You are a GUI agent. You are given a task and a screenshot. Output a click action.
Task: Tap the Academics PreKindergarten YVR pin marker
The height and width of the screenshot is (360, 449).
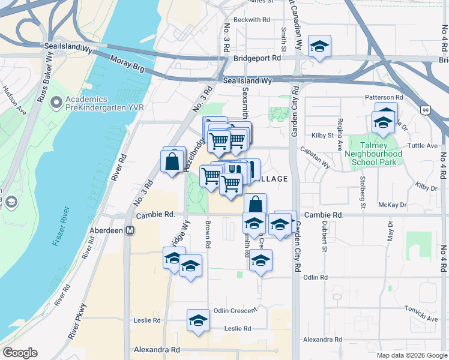click(x=56, y=104)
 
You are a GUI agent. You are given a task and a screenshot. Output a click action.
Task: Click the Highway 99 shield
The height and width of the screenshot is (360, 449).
click(x=425, y=110)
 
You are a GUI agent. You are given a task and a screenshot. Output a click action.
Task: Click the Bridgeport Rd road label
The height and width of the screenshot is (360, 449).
click(x=258, y=59)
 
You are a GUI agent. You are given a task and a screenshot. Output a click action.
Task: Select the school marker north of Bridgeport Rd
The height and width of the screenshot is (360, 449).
click(x=319, y=46)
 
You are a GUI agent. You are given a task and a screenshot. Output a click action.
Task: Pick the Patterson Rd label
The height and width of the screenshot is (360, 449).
click(x=382, y=97)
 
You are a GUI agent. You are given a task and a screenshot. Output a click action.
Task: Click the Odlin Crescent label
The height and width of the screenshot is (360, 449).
click(x=235, y=310)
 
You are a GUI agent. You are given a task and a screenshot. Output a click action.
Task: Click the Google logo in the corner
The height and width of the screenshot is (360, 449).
click(x=20, y=353)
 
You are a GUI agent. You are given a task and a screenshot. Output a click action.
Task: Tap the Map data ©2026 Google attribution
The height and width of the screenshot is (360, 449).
click(x=412, y=355)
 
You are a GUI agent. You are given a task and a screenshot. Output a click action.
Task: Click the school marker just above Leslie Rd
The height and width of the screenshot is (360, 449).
click(x=197, y=320)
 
